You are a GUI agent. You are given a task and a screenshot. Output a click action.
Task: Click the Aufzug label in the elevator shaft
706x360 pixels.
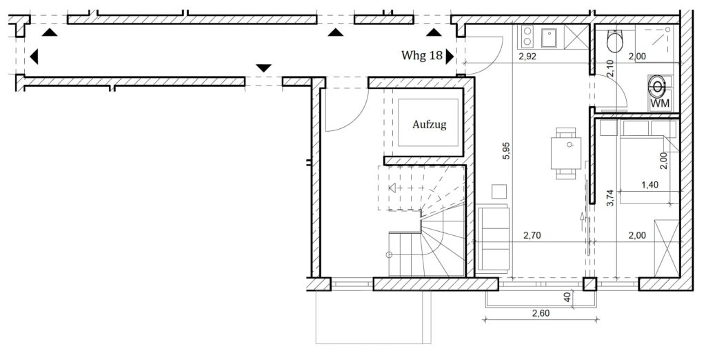[x=429, y=125]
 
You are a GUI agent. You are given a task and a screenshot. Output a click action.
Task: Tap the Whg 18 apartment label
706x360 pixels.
[x=421, y=55]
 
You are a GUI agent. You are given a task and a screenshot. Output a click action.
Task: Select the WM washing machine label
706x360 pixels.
[x=660, y=103]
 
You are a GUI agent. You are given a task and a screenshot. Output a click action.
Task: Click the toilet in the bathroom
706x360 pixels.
[x=614, y=41]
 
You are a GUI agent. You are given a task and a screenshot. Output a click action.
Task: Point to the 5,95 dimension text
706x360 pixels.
[x=507, y=150]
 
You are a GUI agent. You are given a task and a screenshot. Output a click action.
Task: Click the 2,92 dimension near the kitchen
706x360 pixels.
[x=527, y=57]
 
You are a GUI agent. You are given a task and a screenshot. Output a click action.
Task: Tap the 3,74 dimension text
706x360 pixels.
[x=610, y=197]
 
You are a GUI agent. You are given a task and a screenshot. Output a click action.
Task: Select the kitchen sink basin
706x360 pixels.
[x=549, y=37]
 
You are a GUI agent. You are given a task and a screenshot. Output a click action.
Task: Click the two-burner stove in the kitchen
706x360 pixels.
[x=527, y=37]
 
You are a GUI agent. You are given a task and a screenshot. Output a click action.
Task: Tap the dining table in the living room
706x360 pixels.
[x=565, y=153]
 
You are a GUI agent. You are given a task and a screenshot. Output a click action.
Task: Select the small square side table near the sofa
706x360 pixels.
[x=499, y=192]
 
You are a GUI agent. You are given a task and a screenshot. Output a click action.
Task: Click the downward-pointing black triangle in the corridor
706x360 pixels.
[x=264, y=68]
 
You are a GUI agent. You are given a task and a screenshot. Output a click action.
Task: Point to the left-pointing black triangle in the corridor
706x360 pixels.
[x=34, y=57]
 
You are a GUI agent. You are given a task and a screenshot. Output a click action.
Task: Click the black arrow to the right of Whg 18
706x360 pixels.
[x=450, y=57]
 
